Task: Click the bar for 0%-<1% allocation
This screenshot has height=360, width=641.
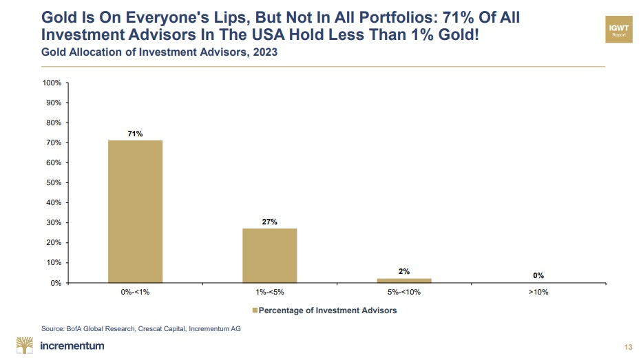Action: (x=134, y=211)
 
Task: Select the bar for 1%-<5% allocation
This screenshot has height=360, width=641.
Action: (x=269, y=255)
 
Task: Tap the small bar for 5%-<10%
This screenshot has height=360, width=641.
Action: (x=404, y=280)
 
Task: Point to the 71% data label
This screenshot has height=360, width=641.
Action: (x=134, y=134)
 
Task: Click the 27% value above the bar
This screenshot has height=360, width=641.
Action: (x=269, y=222)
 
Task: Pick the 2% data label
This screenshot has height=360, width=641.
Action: (x=404, y=271)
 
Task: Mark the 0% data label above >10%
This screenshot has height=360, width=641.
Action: (x=538, y=275)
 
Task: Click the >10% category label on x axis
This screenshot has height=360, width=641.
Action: (x=538, y=293)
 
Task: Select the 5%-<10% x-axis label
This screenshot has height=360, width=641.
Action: (x=404, y=293)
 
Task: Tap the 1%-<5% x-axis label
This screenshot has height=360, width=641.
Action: (x=269, y=293)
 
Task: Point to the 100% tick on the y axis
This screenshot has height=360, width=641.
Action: (x=52, y=83)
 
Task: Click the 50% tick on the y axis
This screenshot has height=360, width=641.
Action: (x=54, y=182)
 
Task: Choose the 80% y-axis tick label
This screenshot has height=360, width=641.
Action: (x=54, y=123)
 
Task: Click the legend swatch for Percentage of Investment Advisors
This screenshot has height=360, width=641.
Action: (x=254, y=310)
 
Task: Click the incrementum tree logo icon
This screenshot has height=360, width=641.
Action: (x=25, y=346)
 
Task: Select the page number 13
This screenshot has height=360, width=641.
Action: (x=627, y=346)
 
